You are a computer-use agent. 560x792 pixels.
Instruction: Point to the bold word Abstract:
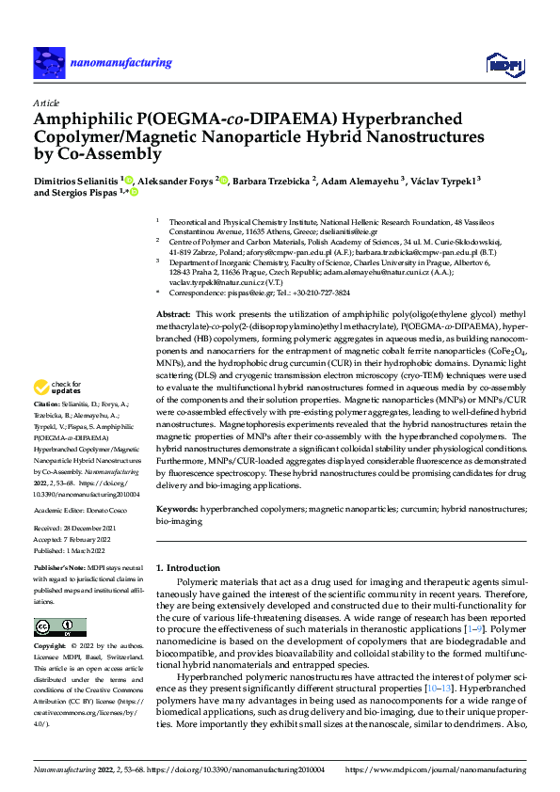click(173, 313)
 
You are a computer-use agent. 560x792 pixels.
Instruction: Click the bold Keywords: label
click(177, 508)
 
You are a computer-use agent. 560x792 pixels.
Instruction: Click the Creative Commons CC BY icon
click(60, 627)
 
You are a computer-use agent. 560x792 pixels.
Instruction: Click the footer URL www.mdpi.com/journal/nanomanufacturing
click(440, 768)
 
